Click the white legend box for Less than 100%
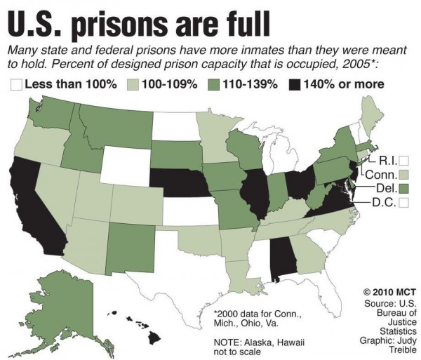coord(15,85)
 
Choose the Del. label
coord(384,188)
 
